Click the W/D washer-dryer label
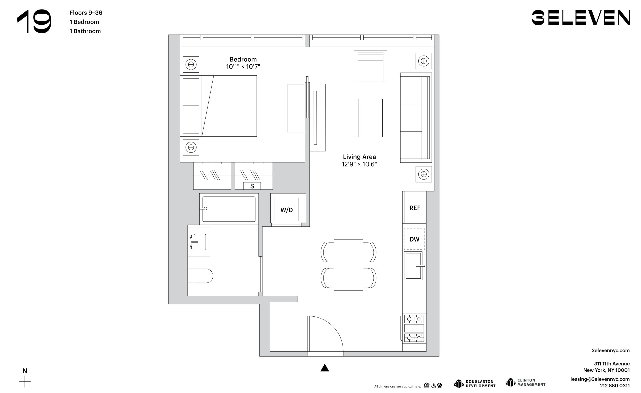coord(286,210)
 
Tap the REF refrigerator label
coord(415,208)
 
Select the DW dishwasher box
coord(414,239)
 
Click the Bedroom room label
coord(243,59)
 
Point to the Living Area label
coord(359,157)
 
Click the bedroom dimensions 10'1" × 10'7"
coord(243,67)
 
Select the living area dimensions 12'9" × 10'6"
coord(359,164)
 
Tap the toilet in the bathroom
coord(200,276)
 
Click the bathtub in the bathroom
coord(229,209)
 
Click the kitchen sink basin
coord(413,266)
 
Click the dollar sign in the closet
coord(252,186)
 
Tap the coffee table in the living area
coord(370,118)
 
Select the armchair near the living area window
coord(370,66)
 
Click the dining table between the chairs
coord(348,265)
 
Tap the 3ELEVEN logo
coord(581,18)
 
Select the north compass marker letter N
coord(25,371)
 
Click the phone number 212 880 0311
coord(615,386)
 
